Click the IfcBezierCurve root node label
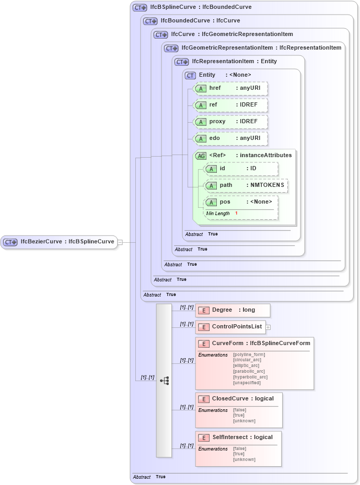click(67, 242)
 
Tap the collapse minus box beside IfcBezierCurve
click(120, 242)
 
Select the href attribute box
click(230, 88)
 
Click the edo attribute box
click(230, 138)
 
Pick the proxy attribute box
click(230, 122)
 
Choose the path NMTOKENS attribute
click(246, 185)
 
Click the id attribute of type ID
click(240, 169)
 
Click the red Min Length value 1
click(236, 214)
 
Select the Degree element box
click(233, 310)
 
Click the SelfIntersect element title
click(242, 437)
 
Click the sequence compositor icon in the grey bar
click(164, 381)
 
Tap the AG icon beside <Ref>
click(201, 156)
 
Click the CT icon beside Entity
click(191, 75)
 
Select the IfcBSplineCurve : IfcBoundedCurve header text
click(201, 7)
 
